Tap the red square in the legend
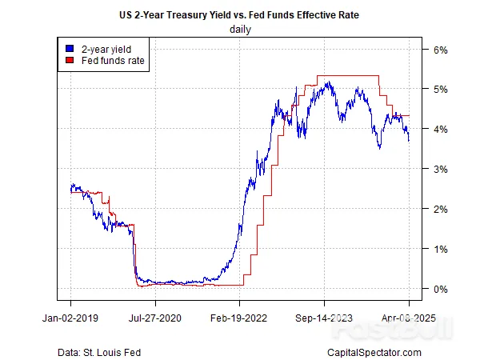coord(69,60)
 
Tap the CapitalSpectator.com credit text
coord(374,352)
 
